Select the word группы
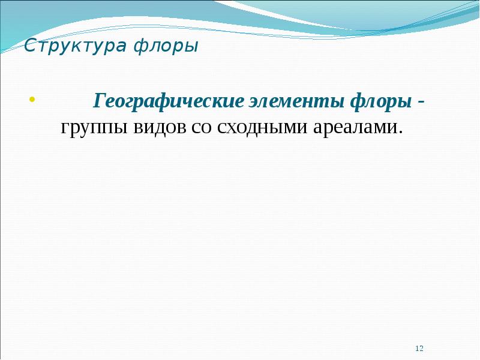tap(93, 127)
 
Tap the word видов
tap(161, 127)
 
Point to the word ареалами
tap(353, 127)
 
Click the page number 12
tap(420, 349)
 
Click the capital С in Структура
tap(29, 46)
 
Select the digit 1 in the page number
tap(418, 349)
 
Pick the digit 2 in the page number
tap(422, 349)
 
